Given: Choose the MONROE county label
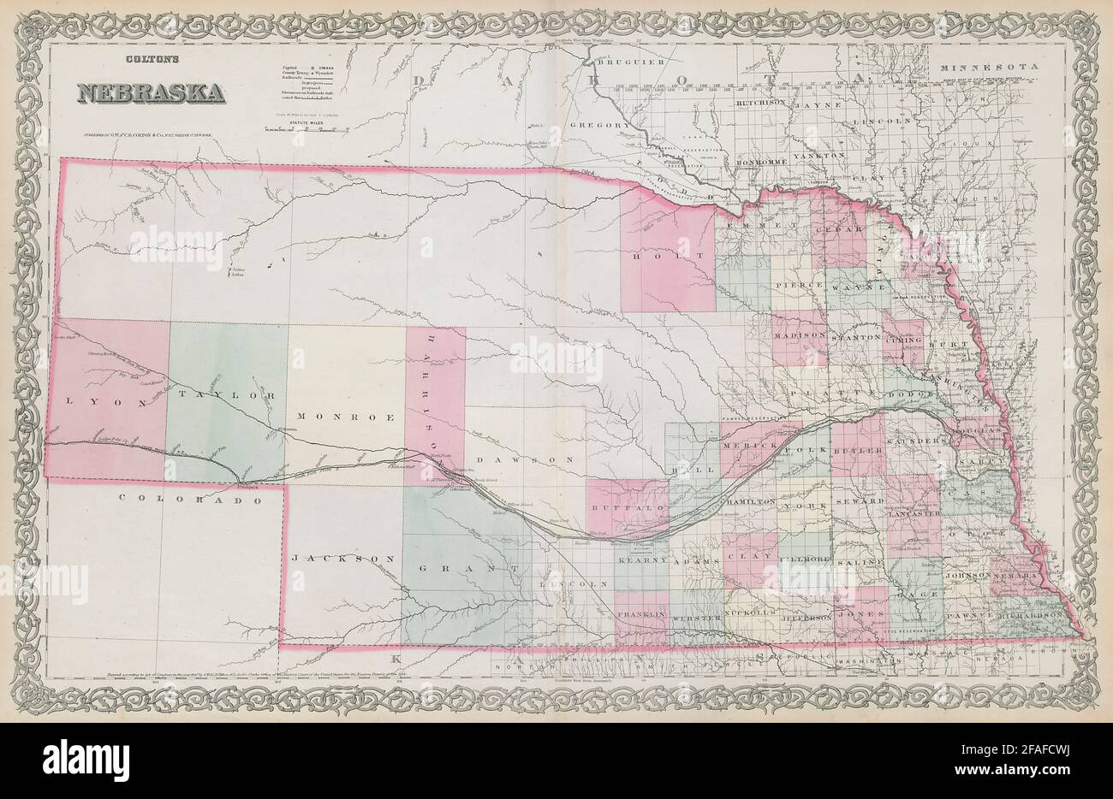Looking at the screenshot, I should [345, 417].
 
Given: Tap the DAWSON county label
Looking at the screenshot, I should [522, 460].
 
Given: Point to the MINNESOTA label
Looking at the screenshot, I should [987, 67].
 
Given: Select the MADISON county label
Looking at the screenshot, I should [800, 336].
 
